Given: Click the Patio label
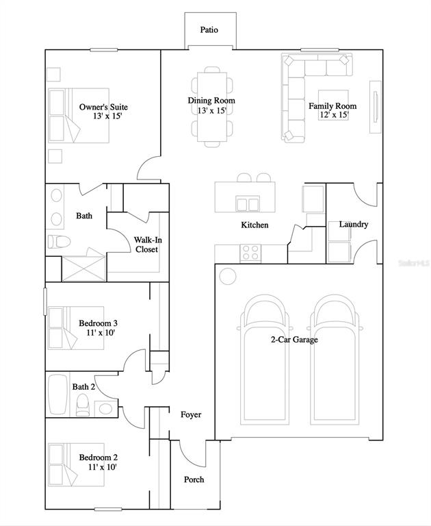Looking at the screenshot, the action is tap(209, 30).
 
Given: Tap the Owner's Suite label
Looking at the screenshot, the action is tap(103, 107).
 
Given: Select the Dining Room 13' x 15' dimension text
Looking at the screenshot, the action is tap(211, 110).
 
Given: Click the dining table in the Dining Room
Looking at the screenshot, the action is tap(212, 107).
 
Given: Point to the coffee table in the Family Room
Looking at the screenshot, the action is tap(333, 105).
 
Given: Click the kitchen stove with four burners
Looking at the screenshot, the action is tap(250, 253).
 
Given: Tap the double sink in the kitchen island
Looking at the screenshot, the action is tap(247, 203).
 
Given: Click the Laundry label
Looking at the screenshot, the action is tap(354, 224).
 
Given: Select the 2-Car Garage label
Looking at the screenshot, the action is tap(294, 340).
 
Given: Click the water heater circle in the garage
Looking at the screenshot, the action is tap(228, 276).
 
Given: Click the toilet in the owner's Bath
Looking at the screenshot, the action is tap(59, 241).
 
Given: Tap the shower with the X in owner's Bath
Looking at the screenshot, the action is tap(83, 268).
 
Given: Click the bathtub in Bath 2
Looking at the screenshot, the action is tap(58, 394).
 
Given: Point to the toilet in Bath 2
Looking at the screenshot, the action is tap(83, 405).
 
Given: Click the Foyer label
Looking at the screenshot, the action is tap(191, 414).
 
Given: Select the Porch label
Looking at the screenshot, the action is tap(194, 479).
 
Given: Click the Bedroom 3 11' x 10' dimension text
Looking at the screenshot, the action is tap(101, 333).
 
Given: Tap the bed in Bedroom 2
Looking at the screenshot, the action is tap(76, 464).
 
